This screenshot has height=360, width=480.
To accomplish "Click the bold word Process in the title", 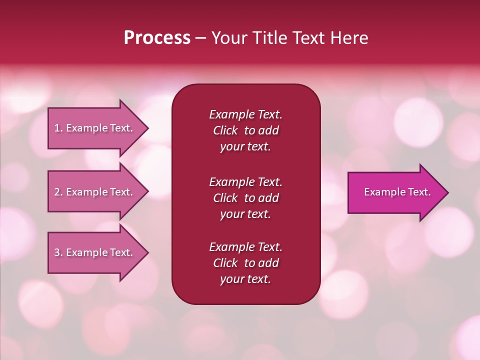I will point(157,37).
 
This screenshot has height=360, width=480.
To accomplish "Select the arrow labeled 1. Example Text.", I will point(95,128).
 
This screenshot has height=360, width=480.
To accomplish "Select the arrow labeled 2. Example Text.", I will point(95,192).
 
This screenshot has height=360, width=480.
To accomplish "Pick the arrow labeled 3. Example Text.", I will point(95,253).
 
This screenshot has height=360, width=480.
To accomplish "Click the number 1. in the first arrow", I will point(58,128).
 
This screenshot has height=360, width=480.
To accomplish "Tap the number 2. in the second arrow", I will point(58,192).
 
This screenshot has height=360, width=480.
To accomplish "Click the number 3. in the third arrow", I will point(58,253).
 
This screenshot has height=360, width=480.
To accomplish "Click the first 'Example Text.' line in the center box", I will point(245,114).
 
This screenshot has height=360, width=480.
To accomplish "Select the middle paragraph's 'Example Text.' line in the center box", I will point(245,182).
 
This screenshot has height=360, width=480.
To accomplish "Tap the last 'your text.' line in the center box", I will point(245,279).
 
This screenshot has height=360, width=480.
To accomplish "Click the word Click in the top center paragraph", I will point(225,130).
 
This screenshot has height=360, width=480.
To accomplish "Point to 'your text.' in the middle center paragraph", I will point(245,214).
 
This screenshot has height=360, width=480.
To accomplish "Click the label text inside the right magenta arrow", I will point(397,192).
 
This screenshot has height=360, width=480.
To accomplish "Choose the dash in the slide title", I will point(200,38).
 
